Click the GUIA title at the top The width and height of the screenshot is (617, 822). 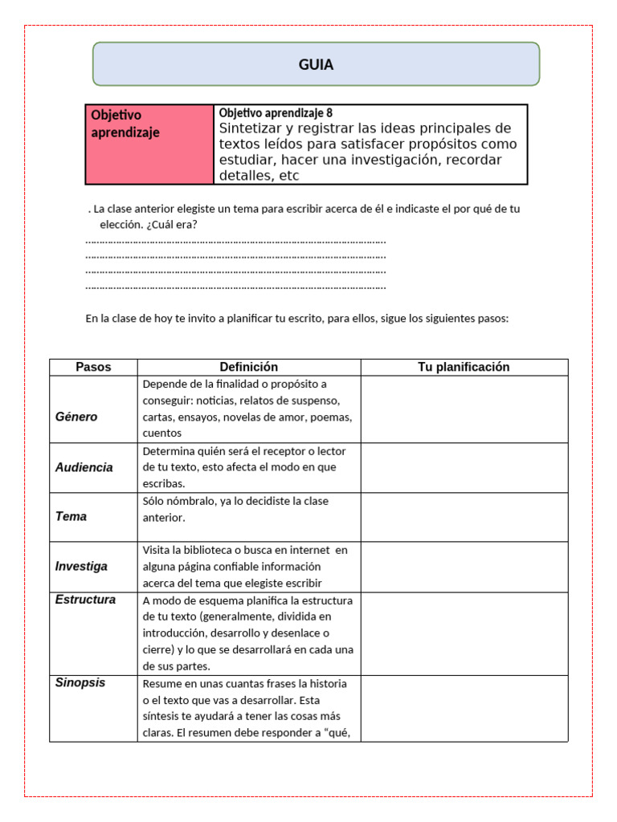316,65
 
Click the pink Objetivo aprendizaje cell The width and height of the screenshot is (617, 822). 149,144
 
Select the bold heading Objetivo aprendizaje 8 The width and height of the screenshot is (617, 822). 276,113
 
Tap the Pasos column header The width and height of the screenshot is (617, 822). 93,367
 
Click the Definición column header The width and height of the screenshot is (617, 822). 248,367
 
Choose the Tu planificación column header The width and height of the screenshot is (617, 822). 464,367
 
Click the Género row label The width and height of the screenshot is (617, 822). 76,417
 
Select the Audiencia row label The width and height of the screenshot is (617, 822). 84,467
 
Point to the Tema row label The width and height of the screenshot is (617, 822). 71,516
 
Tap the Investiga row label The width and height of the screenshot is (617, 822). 81,566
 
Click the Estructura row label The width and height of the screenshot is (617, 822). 85,600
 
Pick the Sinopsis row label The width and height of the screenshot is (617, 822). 80,683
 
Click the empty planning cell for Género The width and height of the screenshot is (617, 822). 464,409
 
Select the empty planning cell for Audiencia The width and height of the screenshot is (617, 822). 464,467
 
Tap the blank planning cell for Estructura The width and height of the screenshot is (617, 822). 464,633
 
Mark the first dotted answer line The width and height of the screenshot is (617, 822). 235,240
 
